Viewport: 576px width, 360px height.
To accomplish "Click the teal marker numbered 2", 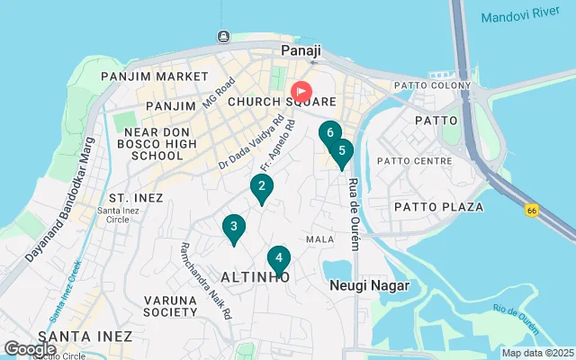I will point(261,187).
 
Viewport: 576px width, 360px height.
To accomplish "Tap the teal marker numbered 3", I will point(233,228).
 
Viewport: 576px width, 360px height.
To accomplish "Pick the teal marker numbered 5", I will point(342,152).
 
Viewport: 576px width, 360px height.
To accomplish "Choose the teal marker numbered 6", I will point(330,133).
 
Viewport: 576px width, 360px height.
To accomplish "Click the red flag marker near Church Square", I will point(301,91).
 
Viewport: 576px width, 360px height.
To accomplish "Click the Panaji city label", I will point(301,51).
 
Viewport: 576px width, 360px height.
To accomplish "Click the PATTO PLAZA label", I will point(438,207).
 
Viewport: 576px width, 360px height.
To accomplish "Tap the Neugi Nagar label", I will point(369,285).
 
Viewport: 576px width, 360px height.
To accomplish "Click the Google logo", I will point(30,348).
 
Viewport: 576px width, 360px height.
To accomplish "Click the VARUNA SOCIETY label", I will point(169,306).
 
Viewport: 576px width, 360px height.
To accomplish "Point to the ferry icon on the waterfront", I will point(223,37).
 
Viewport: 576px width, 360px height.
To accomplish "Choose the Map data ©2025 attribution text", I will point(536,353).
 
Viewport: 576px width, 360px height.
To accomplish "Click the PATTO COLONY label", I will point(431,86).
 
